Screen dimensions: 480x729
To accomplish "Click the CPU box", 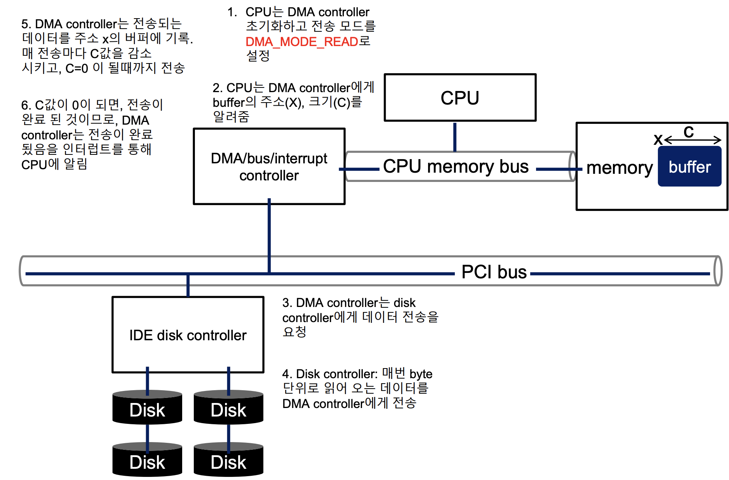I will [x=460, y=98].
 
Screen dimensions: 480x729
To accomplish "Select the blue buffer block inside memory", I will [x=690, y=167].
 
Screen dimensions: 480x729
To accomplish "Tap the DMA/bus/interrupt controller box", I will [x=269, y=166].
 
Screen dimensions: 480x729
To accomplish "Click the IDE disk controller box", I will [x=188, y=335].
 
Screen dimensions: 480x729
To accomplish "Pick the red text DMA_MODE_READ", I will [x=302, y=42].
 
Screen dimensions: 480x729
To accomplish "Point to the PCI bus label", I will [x=494, y=272].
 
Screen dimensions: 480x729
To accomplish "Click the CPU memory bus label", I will [x=456, y=166].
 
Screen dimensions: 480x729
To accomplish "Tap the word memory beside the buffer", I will [x=619, y=168].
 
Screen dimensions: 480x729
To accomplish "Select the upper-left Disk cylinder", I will [x=147, y=409].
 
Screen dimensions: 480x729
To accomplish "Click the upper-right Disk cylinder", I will [x=229, y=409].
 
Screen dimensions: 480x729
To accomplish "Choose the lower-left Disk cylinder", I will [x=147, y=461].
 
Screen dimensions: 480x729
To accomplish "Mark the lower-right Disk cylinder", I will [x=229, y=461].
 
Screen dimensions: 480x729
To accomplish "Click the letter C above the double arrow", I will [x=688, y=132].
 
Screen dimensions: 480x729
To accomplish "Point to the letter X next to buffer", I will [x=658, y=140].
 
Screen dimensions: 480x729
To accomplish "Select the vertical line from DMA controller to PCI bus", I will [x=269, y=232].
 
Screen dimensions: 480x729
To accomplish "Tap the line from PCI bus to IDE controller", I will [x=188, y=286].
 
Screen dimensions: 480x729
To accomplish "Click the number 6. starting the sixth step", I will [x=26, y=105].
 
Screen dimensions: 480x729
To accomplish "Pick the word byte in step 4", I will [x=421, y=374].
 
